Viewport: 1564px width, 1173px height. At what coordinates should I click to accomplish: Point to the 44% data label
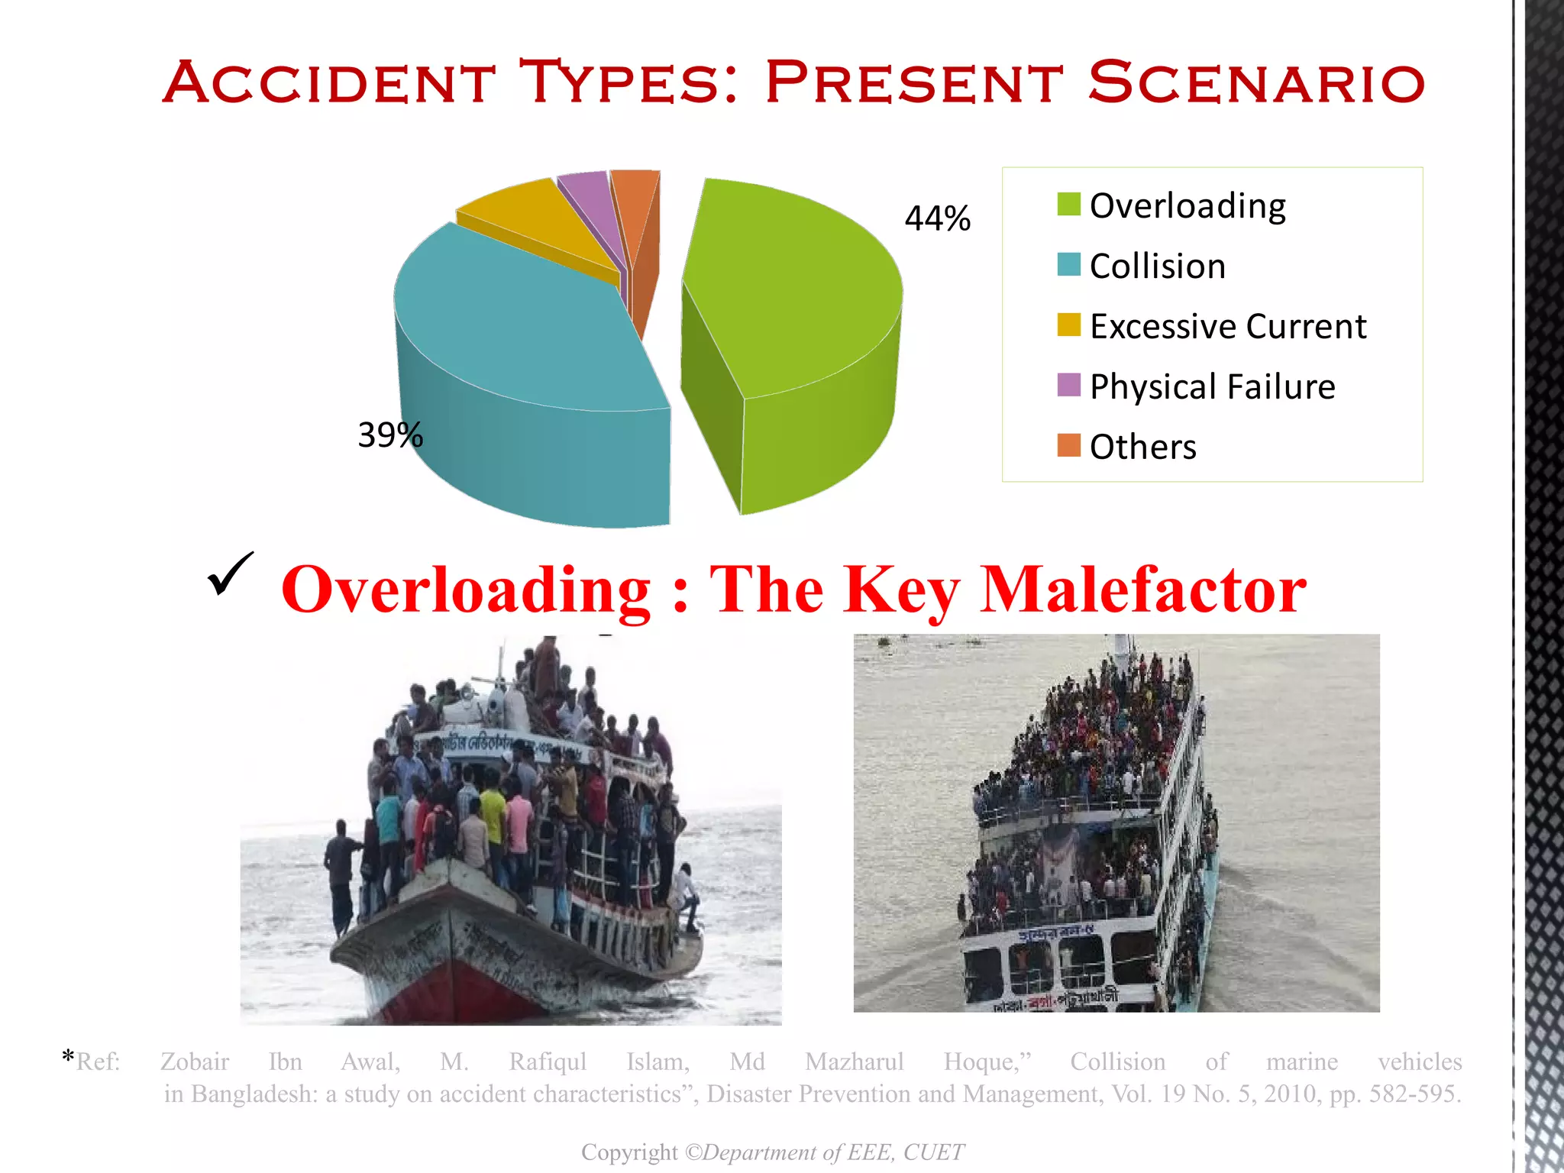pyautogui.click(x=937, y=218)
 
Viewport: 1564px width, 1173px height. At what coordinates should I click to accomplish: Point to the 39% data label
pyautogui.click(x=389, y=435)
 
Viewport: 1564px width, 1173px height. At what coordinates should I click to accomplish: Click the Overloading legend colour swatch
pyautogui.click(x=1068, y=205)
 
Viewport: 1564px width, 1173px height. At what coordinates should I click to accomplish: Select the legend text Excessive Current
pyautogui.click(x=1227, y=326)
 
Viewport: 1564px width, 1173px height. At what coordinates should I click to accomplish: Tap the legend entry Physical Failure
pyautogui.click(x=1212, y=386)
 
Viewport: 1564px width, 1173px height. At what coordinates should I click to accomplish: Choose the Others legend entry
pyautogui.click(x=1142, y=447)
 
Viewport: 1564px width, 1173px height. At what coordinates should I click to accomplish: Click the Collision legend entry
pyautogui.click(x=1157, y=266)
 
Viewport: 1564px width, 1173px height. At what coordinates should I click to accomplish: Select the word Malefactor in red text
pyautogui.click(x=1142, y=590)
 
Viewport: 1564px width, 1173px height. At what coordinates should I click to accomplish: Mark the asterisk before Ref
pyautogui.click(x=68, y=1058)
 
